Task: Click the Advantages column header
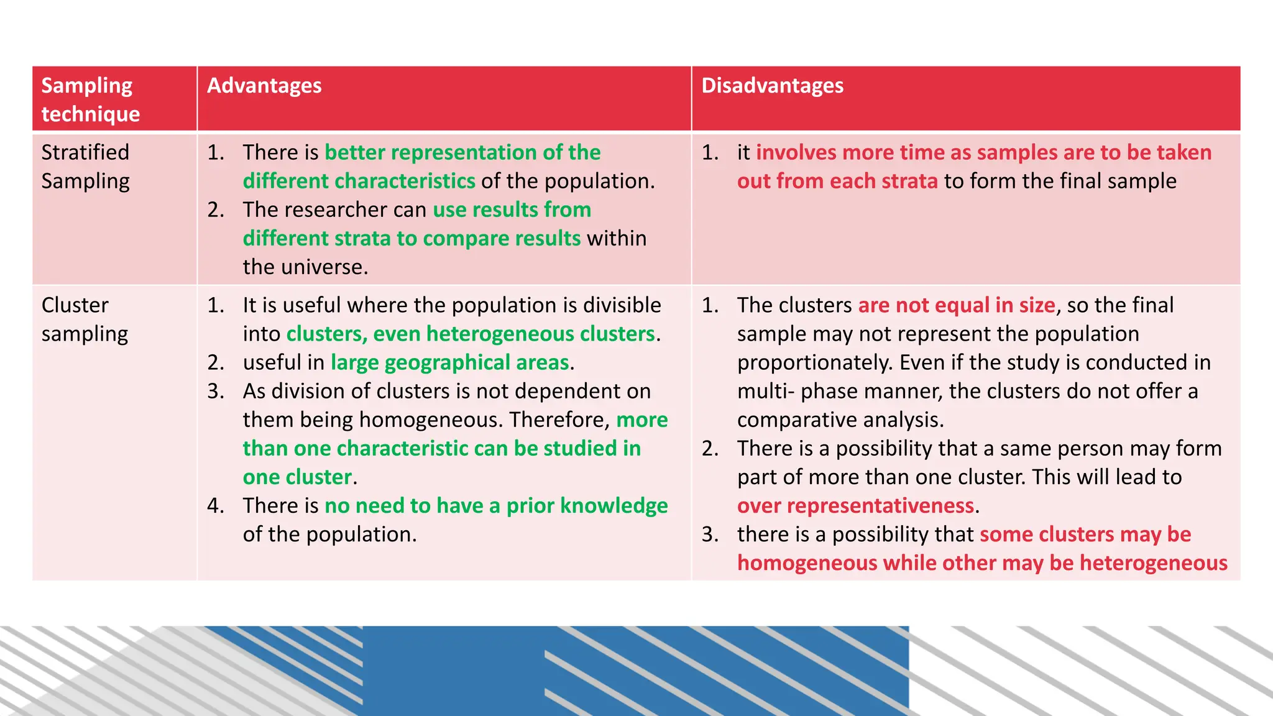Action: pos(264,86)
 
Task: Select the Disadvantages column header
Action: pos(772,86)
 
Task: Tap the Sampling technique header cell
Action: pos(90,99)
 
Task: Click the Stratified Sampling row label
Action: pos(86,167)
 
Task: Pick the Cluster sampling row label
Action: pos(85,319)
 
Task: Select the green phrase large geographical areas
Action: pos(449,363)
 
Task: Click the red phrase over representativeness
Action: pos(855,506)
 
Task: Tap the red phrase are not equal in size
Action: pos(956,306)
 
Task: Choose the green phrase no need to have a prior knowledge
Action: pos(496,506)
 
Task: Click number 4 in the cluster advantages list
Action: pos(215,506)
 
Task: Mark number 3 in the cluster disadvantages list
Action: pos(710,535)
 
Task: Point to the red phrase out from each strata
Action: pos(837,181)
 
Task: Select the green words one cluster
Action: pos(297,477)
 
